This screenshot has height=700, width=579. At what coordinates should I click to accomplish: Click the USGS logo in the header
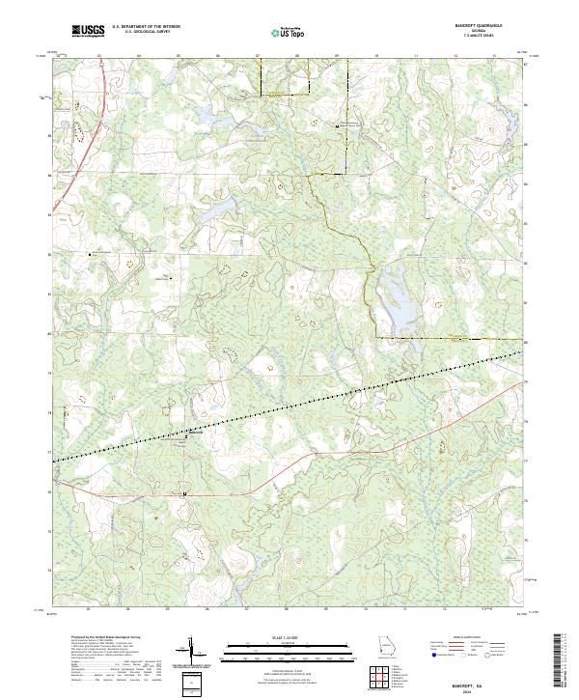tap(88, 32)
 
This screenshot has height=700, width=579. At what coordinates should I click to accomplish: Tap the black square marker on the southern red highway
tap(184, 493)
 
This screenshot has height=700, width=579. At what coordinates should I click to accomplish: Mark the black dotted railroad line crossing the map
tap(289, 402)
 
